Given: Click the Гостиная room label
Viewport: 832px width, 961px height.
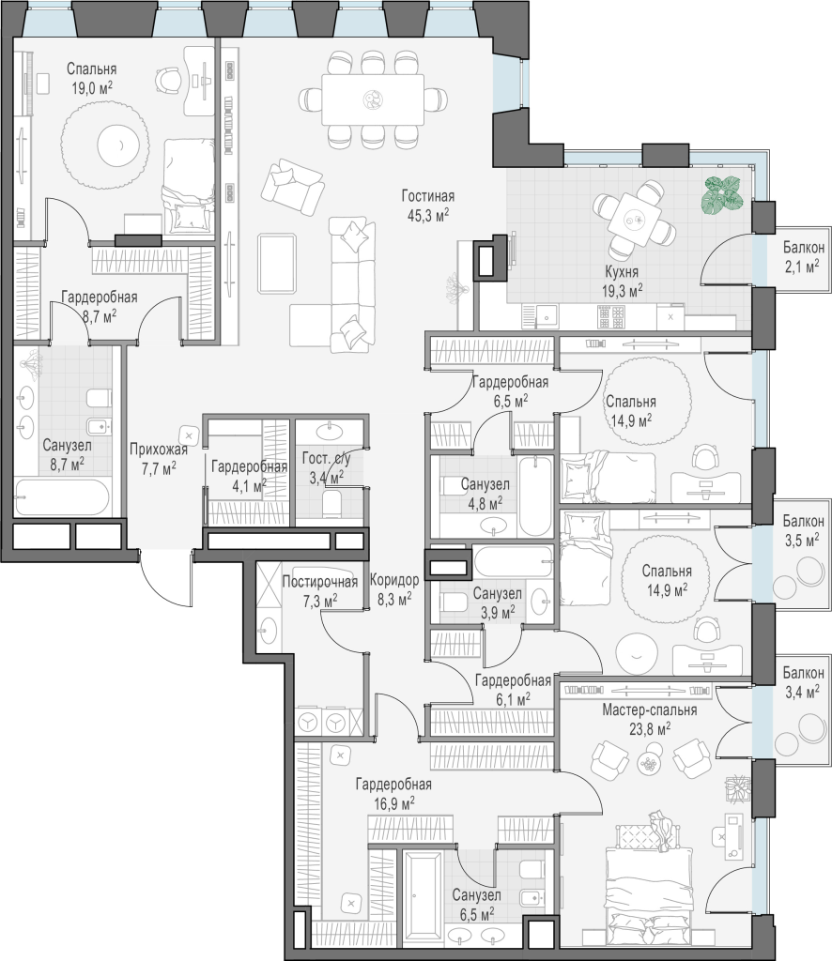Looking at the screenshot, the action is click(428, 196).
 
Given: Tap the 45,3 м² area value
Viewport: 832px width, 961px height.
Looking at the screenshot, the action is click(428, 215).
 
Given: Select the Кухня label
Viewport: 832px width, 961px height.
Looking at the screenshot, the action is click(622, 272).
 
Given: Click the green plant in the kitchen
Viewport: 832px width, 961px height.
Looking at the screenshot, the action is click(722, 194).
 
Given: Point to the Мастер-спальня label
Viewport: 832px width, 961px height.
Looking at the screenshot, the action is click(649, 710).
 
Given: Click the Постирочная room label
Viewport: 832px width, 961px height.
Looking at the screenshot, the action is click(319, 581).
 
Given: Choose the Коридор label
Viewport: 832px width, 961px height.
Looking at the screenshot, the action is click(394, 580).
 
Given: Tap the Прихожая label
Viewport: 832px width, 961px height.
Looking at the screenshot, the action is click(158, 450).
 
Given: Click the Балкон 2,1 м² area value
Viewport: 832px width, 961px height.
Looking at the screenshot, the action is click(803, 267).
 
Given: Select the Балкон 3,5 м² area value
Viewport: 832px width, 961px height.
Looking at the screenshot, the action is click(803, 541).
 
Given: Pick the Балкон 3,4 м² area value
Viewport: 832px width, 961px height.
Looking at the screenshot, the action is click(803, 693).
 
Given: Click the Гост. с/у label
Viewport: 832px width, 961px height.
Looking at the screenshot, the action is click(327, 458).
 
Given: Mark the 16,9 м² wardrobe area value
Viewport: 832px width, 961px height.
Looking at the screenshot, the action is click(394, 803).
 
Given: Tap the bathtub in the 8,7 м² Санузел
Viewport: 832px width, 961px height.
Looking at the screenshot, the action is click(62, 497).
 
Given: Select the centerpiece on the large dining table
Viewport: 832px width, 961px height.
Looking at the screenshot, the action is click(372, 99).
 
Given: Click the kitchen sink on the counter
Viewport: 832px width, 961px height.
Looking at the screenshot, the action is click(547, 317).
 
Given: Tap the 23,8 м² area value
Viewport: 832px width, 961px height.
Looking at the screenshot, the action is click(649, 728).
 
